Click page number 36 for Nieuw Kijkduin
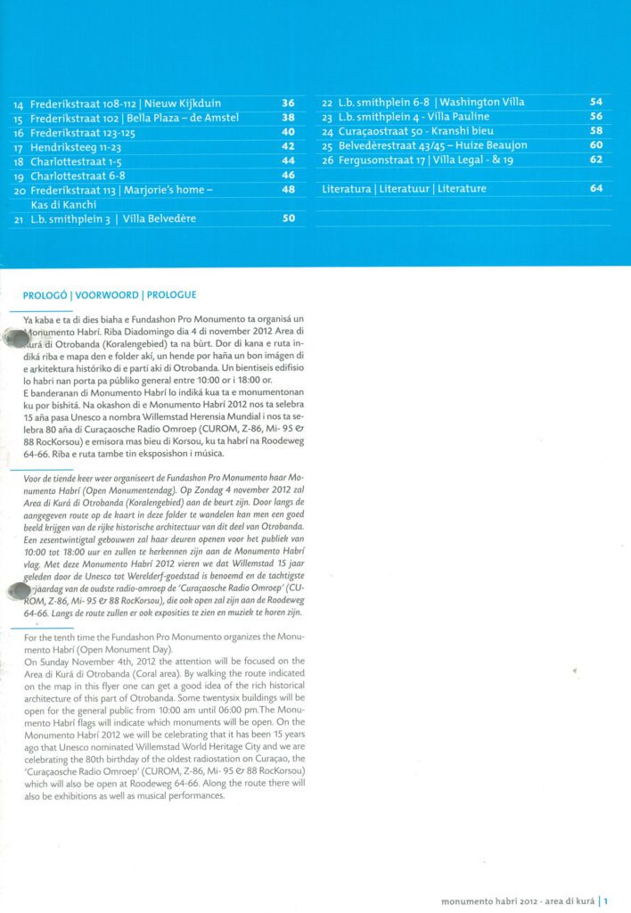pos(288,103)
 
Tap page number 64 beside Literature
pos(596,188)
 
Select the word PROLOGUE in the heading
pos(171,294)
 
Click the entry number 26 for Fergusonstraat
pos(327,160)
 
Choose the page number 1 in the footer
pos(606,901)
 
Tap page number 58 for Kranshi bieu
pos(596,131)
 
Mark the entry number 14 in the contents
pos(19,104)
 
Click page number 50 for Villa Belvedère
pos(288,218)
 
